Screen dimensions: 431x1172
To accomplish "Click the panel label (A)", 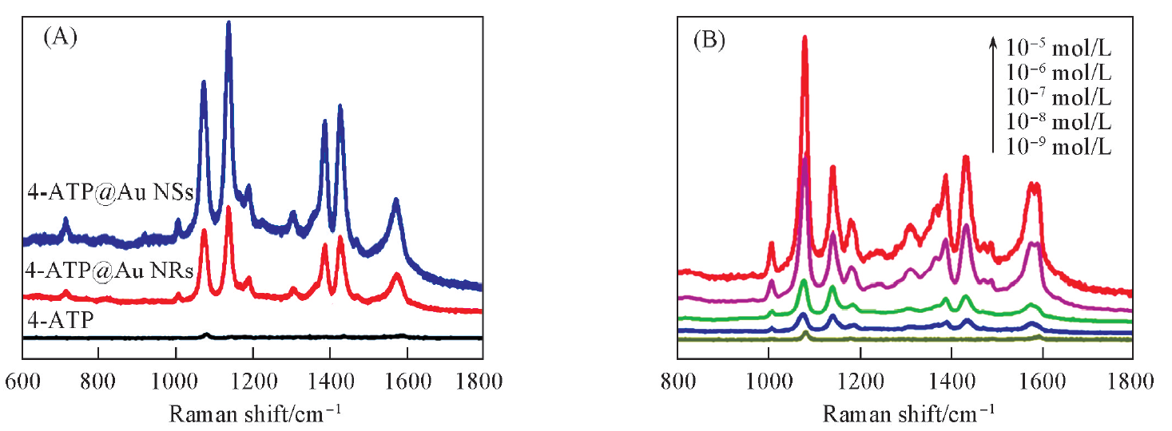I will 60,38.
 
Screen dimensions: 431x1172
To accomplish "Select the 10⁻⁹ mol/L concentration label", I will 1058,147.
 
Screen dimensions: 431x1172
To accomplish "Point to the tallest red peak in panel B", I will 805,38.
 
